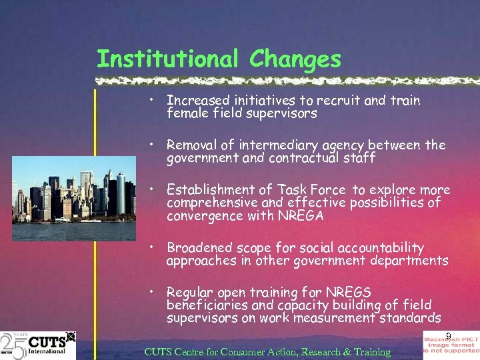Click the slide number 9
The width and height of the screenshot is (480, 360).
coord(449,336)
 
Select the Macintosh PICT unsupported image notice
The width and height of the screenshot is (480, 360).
coord(451,345)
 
